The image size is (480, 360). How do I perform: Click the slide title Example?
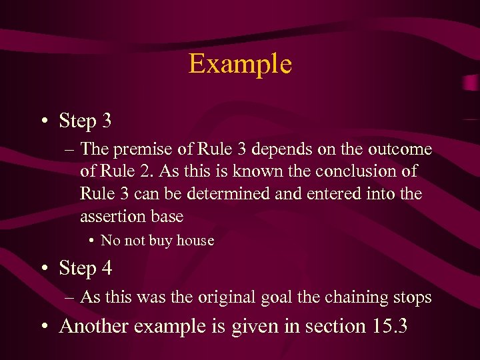(x=240, y=64)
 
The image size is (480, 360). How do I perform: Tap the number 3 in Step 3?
(x=106, y=121)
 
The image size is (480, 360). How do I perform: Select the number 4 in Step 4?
(x=106, y=269)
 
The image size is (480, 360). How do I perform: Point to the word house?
(x=195, y=241)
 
